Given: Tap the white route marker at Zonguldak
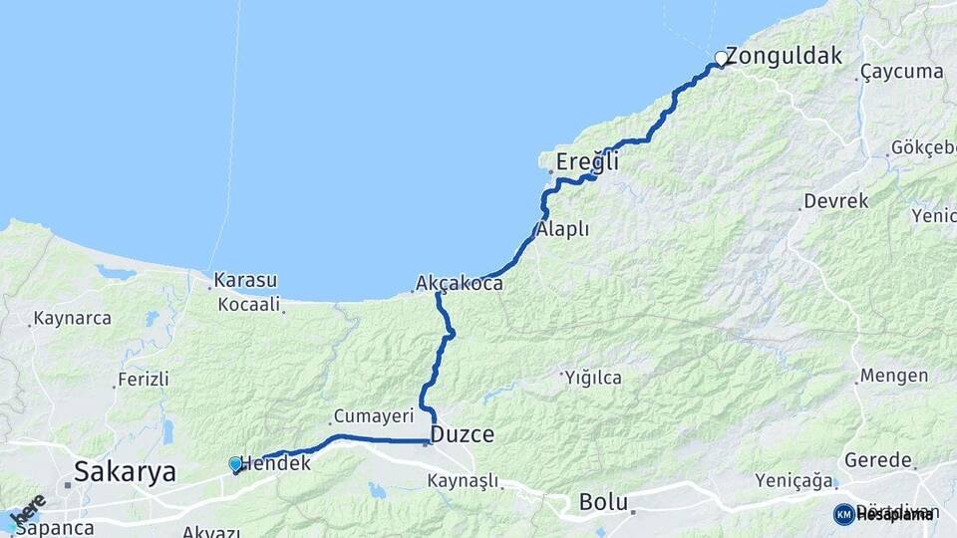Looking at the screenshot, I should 720,58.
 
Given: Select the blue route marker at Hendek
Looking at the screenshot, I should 235,464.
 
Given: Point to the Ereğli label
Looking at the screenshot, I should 587,161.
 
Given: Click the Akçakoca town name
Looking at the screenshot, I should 460,284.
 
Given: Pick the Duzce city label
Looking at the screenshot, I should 462,434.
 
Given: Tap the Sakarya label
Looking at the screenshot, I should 125,470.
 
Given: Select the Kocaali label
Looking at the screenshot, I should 248,304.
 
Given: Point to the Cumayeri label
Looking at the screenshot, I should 366,415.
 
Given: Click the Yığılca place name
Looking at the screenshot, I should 593,378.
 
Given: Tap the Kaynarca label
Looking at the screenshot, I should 72,319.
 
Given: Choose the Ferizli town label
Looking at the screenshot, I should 144,380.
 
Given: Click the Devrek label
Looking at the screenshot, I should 835,201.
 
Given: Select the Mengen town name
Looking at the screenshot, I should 893,377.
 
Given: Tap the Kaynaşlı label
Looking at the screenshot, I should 462,481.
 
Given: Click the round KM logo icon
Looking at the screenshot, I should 843,514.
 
